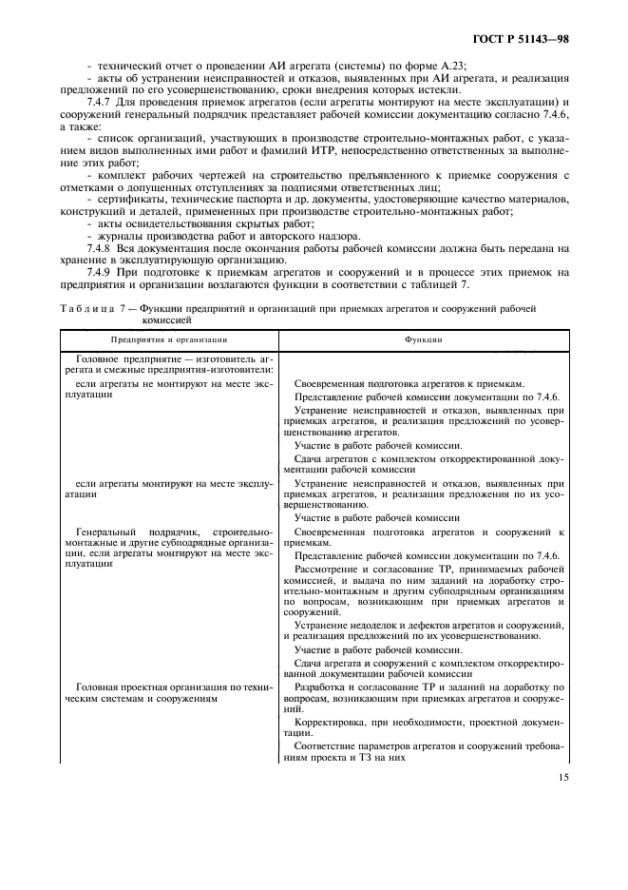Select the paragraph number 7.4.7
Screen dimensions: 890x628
101,102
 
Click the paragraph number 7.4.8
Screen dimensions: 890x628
101,247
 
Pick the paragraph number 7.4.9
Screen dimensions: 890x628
101,272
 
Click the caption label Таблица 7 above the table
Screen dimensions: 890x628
90,309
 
